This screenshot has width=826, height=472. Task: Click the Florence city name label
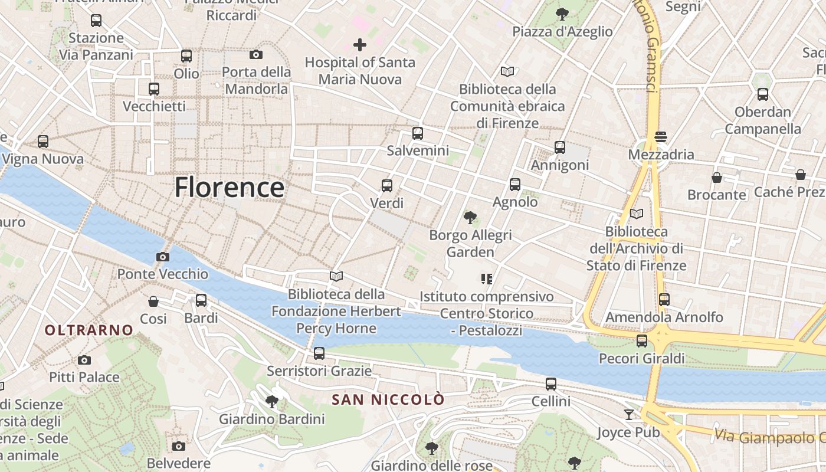(x=230, y=188)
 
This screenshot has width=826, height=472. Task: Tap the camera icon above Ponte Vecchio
(x=163, y=257)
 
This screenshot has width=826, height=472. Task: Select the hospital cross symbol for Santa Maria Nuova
(x=359, y=44)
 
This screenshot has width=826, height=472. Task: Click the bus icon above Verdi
(x=387, y=186)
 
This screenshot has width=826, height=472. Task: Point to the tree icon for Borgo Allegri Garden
(x=470, y=218)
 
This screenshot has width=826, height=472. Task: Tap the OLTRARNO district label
(x=89, y=330)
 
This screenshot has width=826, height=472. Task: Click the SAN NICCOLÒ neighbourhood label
(x=388, y=400)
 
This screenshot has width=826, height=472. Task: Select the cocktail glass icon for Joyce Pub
(x=629, y=415)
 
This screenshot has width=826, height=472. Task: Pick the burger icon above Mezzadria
(x=661, y=137)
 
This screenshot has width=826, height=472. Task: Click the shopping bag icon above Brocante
(x=717, y=177)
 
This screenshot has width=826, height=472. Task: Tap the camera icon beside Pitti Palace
(x=84, y=360)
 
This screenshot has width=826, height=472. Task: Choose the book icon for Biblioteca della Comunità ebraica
(x=507, y=71)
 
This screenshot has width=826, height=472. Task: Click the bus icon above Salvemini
(x=418, y=133)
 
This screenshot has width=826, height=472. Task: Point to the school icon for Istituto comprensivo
(x=487, y=278)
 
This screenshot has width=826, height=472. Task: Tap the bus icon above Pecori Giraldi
(x=642, y=341)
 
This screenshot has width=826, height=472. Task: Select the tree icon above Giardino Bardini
(x=272, y=402)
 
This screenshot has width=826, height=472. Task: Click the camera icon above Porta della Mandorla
(x=256, y=54)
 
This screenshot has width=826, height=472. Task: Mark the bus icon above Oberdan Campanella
(x=763, y=94)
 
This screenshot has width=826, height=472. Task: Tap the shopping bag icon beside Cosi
(x=153, y=301)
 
